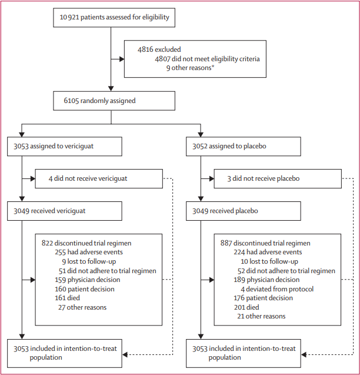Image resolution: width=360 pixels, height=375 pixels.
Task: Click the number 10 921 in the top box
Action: [x=69, y=17]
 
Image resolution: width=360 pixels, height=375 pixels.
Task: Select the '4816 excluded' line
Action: [x=159, y=49]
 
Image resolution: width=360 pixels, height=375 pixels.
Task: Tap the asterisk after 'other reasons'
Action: [x=213, y=67]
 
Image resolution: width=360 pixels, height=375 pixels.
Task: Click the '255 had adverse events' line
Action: [x=89, y=252]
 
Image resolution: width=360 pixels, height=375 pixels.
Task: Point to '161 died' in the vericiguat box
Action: [x=68, y=298]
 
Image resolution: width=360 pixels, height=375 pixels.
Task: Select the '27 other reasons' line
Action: [x=82, y=307]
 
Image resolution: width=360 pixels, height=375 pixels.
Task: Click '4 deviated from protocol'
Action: [x=277, y=289]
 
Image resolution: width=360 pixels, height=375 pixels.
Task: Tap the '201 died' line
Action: [x=246, y=307]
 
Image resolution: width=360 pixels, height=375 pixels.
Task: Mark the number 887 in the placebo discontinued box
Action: [x=226, y=243]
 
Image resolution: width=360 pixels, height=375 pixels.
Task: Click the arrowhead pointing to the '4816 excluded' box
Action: [x=122, y=59]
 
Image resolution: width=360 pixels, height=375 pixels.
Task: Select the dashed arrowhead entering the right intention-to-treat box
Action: [x=304, y=354]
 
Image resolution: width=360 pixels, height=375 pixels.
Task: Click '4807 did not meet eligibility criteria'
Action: [x=207, y=59]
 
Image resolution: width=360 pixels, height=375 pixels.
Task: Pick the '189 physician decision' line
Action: [x=266, y=280]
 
